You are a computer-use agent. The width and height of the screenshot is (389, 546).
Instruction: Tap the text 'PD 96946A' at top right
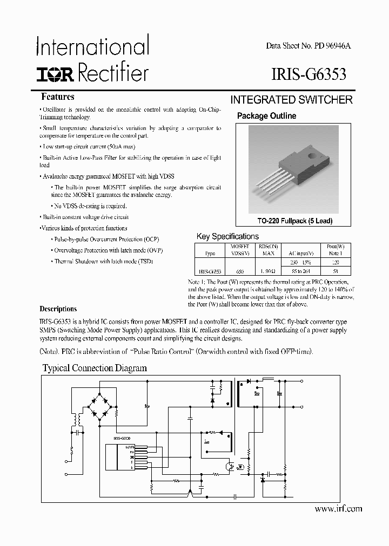[x=331, y=46]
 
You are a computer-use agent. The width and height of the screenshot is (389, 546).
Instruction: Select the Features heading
[x=58, y=97]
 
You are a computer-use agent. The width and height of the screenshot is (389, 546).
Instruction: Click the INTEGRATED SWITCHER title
[x=291, y=100]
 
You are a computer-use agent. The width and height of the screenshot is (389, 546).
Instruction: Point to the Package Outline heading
[x=266, y=116]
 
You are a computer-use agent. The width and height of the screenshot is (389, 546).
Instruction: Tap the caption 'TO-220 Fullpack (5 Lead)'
[x=295, y=221]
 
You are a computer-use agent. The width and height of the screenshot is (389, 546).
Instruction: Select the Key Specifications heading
[x=227, y=236]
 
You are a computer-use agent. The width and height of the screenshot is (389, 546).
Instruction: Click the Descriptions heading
[x=58, y=309]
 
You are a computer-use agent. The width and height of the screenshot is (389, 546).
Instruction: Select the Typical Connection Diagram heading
[x=95, y=368]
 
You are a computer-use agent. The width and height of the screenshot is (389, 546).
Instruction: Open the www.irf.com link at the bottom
[x=338, y=509]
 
